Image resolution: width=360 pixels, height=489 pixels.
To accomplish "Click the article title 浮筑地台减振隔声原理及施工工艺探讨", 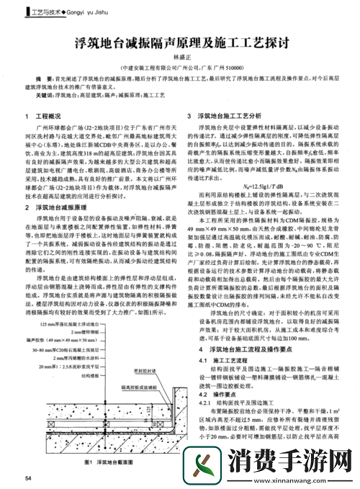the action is [180, 43].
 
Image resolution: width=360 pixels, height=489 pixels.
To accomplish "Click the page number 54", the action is [28, 478].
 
